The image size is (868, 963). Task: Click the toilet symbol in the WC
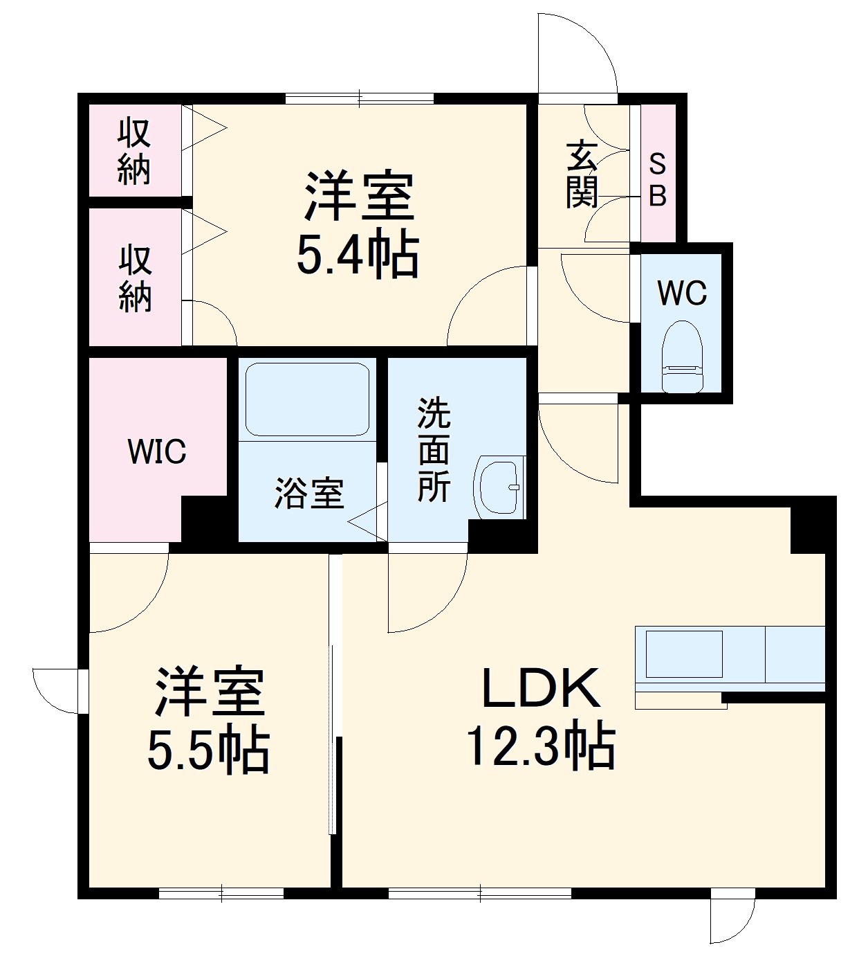tap(682, 357)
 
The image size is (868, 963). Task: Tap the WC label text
tap(682, 293)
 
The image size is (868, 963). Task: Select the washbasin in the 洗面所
tap(499, 486)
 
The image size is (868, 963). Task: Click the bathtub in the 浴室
tap(308, 399)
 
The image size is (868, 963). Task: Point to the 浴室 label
tap(309, 494)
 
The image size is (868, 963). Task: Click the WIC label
tap(157, 452)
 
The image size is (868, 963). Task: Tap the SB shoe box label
tap(658, 181)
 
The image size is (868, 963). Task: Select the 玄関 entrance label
tap(582, 175)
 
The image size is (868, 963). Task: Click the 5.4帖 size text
tap(358, 255)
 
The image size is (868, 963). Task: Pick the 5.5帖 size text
tap(208, 750)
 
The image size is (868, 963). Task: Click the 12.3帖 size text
tap(541, 746)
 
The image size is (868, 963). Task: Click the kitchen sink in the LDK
tap(684, 653)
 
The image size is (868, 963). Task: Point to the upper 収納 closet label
tap(134, 152)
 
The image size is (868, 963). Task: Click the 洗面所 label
tap(434, 450)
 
